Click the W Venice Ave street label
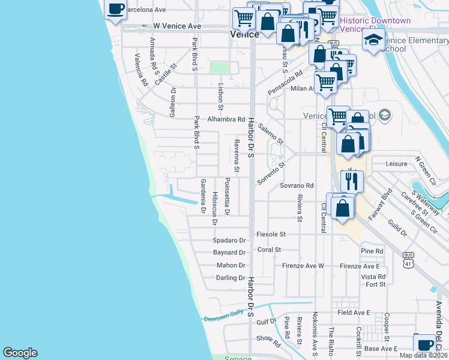pyautogui.click(x=177, y=26)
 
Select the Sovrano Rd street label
pyautogui.click(x=297, y=186)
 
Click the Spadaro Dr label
pyautogui.click(x=229, y=240)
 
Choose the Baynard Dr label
pyautogui.click(x=229, y=253)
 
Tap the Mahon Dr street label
pyautogui.click(x=231, y=265)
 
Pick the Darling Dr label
pyautogui.click(x=231, y=278)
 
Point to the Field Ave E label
pyautogui.click(x=354, y=313)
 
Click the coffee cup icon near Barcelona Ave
pyautogui.click(x=116, y=9)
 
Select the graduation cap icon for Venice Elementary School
pyautogui.click(x=373, y=40)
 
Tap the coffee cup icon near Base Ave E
pyautogui.click(x=425, y=344)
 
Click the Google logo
pyautogui.click(x=20, y=353)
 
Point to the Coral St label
pyautogui.click(x=269, y=250)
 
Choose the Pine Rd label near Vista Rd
pyautogui.click(x=372, y=251)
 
